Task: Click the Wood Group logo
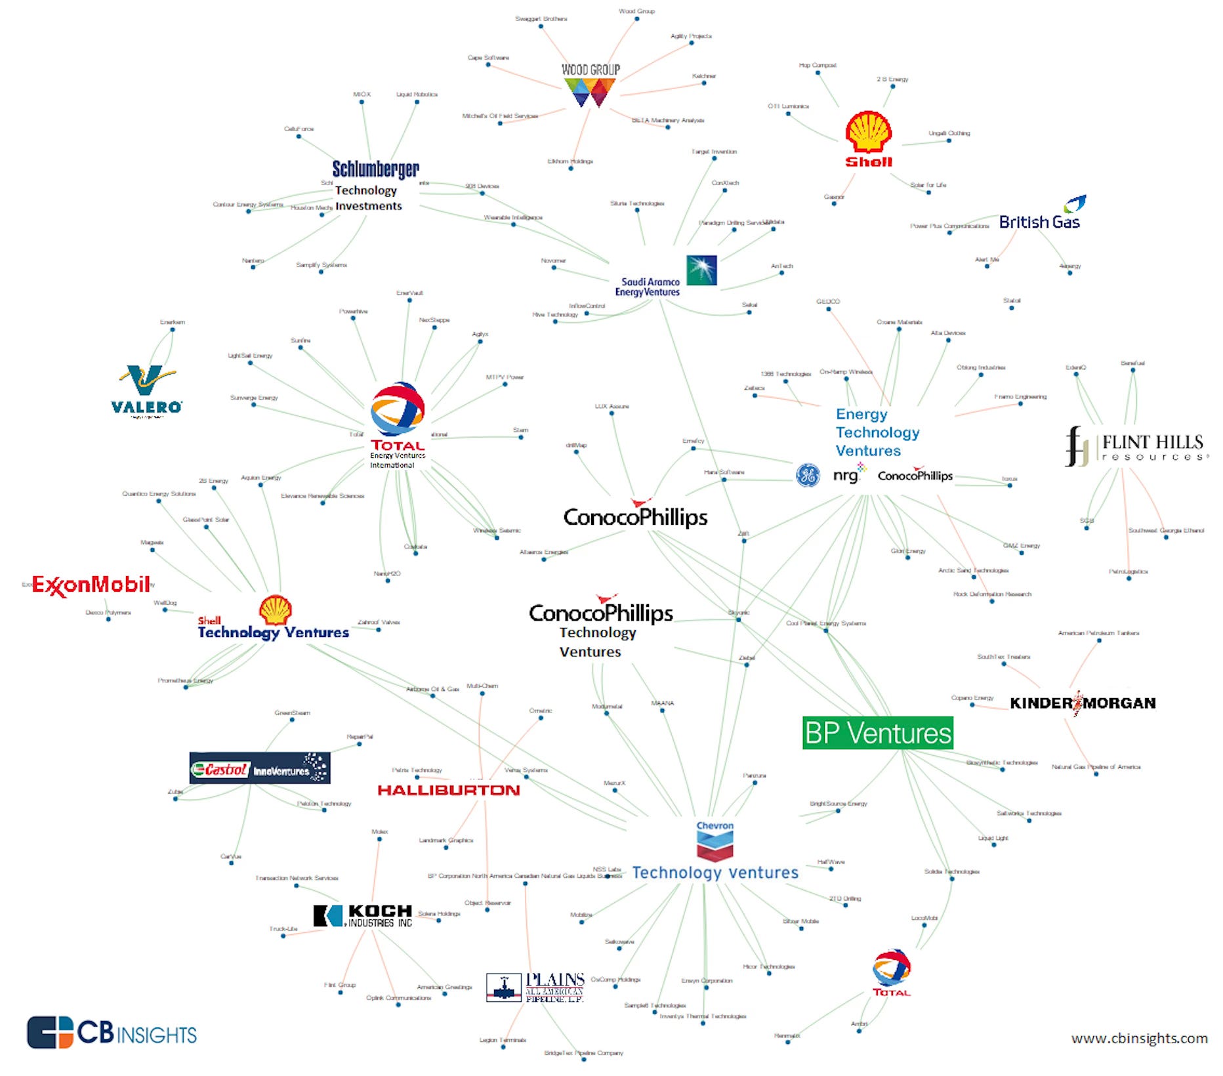[590, 85]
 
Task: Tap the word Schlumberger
[375, 169]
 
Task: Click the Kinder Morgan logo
[1083, 703]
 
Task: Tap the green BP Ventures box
[878, 733]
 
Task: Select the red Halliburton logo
[449, 790]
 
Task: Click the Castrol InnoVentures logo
[260, 768]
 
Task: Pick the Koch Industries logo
[363, 915]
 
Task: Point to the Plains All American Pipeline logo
[535, 987]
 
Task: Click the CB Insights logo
[112, 1033]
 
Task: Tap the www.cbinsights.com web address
[1139, 1039]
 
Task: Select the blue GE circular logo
[808, 475]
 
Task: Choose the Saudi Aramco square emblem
[701, 270]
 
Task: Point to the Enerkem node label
[173, 322]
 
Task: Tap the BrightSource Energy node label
[839, 804]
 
